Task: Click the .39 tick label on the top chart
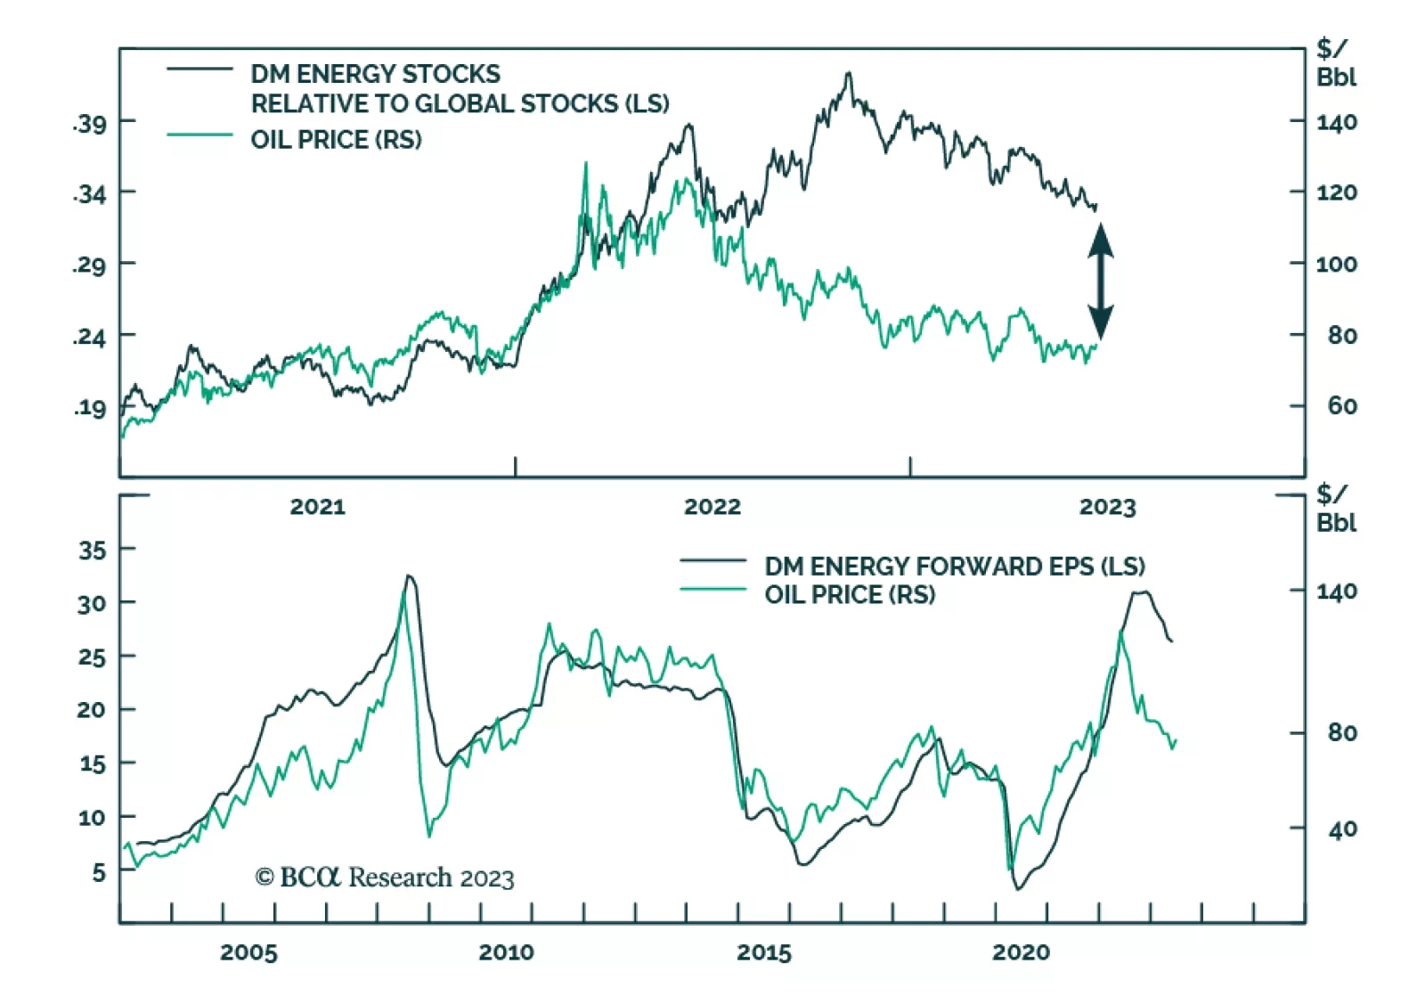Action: (89, 123)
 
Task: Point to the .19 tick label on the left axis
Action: (89, 408)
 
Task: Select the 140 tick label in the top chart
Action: (1336, 122)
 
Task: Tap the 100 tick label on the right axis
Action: (1336, 265)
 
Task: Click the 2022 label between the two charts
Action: (712, 507)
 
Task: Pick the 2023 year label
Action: (1107, 507)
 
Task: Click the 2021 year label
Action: (317, 507)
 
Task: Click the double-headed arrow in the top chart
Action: (1101, 281)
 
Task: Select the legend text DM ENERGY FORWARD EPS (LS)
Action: (954, 567)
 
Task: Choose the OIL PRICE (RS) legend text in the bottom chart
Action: (850, 594)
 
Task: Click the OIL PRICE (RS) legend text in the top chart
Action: (336, 140)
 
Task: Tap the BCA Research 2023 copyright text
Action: (385, 878)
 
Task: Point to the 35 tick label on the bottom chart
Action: (92, 550)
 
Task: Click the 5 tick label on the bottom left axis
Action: (99, 872)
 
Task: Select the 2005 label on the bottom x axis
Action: (248, 952)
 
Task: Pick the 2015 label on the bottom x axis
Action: (763, 952)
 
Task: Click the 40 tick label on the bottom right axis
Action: (1341, 830)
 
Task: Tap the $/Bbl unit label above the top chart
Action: (1336, 62)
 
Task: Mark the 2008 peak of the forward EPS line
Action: (409, 576)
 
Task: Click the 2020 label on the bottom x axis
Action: (1021, 952)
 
